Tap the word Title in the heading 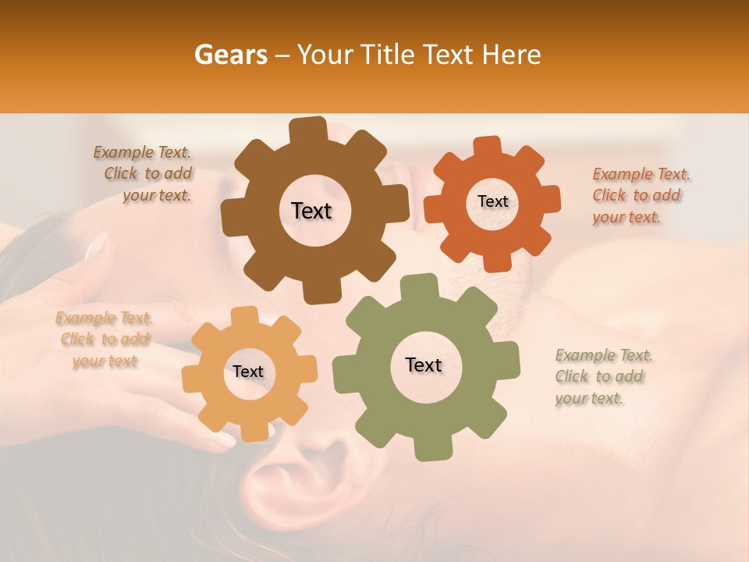(390, 55)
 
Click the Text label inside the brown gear (311, 211)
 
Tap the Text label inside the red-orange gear (492, 201)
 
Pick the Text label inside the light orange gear (248, 372)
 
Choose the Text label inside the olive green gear (424, 365)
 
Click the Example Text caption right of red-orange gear (640, 195)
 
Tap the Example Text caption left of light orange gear (105, 340)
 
